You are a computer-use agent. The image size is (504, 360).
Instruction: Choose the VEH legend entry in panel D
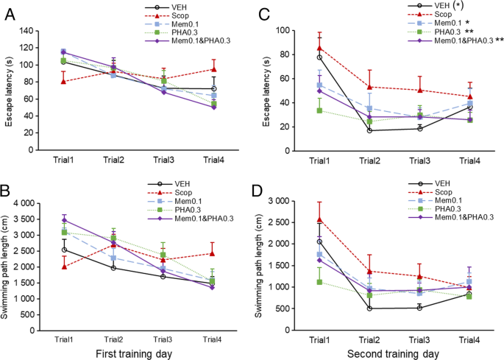[441, 183]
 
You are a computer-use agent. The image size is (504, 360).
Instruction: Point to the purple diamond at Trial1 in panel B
[64, 220]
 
